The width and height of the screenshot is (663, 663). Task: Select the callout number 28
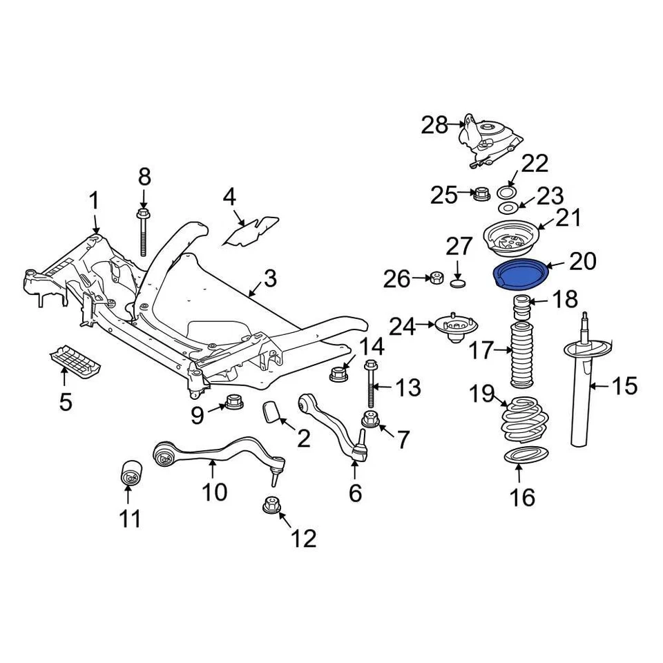[435, 125]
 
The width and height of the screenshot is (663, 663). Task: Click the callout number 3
[269, 279]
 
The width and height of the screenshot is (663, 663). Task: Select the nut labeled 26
[436, 279]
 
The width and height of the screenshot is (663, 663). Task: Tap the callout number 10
[214, 492]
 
